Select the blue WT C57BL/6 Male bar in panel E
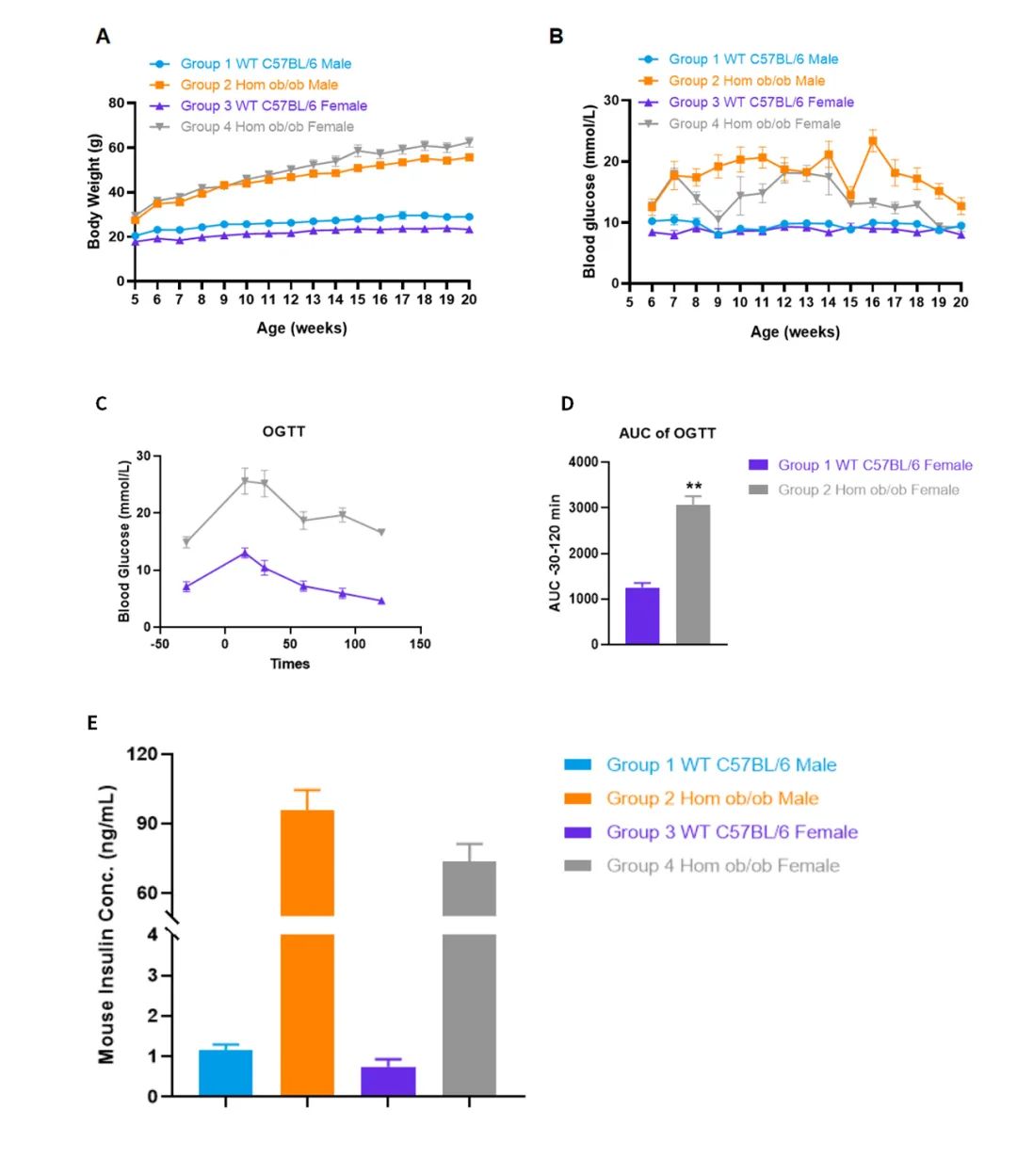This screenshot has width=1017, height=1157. [x=226, y=1073]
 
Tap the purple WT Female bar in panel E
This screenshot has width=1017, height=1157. [x=388, y=1081]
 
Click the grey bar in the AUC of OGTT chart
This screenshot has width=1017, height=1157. [x=693, y=574]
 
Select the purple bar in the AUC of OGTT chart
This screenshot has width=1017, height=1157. [x=642, y=616]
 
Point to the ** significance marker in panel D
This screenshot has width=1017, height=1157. [x=694, y=487]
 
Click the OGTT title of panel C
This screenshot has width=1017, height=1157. [x=283, y=432]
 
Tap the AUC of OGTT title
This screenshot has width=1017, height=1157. [x=667, y=433]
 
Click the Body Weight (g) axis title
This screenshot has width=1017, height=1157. [x=94, y=192]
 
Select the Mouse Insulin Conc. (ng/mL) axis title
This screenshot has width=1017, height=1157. [x=106, y=924]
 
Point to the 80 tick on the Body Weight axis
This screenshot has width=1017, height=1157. [x=117, y=103]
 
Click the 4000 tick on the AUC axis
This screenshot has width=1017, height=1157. [x=583, y=462]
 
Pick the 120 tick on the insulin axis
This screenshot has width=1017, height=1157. [x=142, y=754]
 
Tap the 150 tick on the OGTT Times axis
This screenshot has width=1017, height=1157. [x=420, y=644]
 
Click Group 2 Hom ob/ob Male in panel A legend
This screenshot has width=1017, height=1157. [x=259, y=85]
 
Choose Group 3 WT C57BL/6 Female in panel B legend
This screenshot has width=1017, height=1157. [x=761, y=102]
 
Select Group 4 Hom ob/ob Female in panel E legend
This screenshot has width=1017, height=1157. [x=722, y=865]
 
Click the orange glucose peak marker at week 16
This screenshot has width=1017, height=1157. [x=873, y=142]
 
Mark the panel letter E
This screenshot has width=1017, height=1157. [x=92, y=722]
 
